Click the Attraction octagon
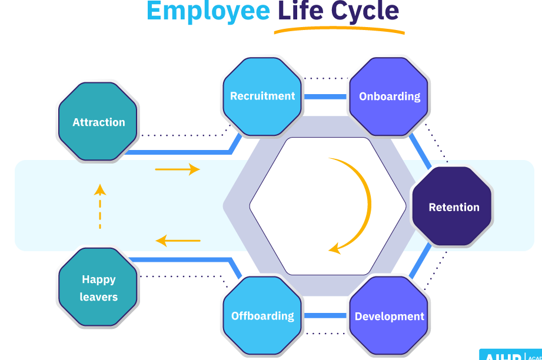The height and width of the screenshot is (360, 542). point(98,122)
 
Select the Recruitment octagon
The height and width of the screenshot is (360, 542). point(262,96)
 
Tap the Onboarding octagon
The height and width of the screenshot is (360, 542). point(390,96)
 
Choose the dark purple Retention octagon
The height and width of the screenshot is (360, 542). point(453,207)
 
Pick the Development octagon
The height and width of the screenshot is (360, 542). point(389,316)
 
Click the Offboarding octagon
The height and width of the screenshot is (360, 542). point(262,316)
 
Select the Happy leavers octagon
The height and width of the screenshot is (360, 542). point(98,288)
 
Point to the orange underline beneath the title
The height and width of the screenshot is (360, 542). point(339,30)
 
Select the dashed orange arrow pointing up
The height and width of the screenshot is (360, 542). point(100,206)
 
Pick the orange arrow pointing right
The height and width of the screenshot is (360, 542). point(177,170)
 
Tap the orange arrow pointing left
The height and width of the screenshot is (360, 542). point(178,241)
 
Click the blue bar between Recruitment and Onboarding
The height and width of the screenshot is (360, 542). point(325,96)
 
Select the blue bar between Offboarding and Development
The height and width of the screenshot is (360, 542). point(325,316)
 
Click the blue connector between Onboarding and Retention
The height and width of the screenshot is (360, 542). point(420,151)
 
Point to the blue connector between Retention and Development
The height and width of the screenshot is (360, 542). point(420,261)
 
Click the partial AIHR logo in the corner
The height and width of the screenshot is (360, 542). point(510,355)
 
